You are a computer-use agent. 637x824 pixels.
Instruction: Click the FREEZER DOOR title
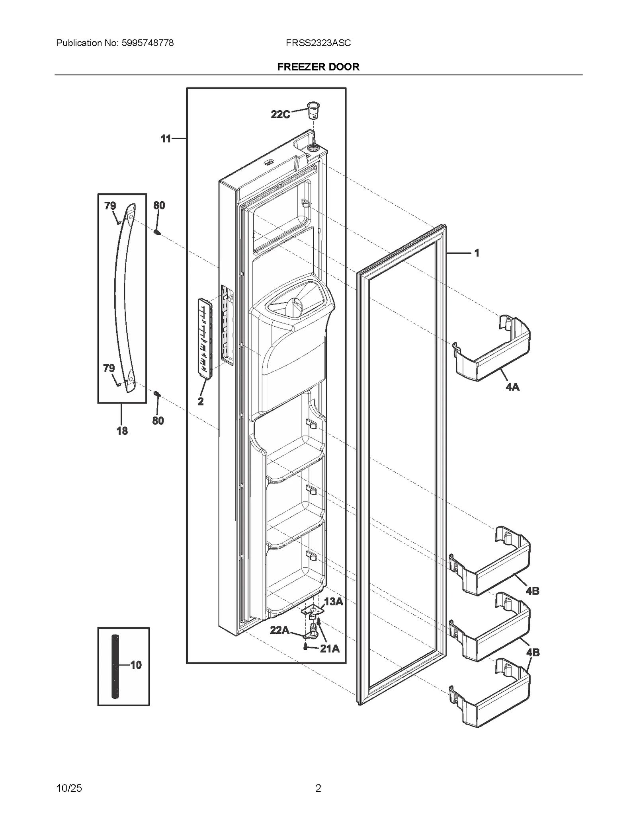coord(318,67)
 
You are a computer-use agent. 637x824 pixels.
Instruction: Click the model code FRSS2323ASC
coord(318,43)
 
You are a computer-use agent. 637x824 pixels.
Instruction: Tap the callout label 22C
coord(280,115)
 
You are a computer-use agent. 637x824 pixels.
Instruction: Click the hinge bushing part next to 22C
coord(313,110)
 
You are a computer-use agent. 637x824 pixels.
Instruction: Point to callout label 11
coord(166,139)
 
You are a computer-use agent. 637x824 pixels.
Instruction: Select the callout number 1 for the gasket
coord(477,253)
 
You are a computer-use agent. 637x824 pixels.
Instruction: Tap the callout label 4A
coord(512,386)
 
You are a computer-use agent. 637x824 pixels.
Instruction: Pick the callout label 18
coord(122,431)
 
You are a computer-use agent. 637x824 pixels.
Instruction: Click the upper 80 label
coord(159,206)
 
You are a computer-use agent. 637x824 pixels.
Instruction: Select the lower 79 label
coord(109,368)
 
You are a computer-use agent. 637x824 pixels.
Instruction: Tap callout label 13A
coord(334,602)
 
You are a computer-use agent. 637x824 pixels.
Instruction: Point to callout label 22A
coord(279,630)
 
